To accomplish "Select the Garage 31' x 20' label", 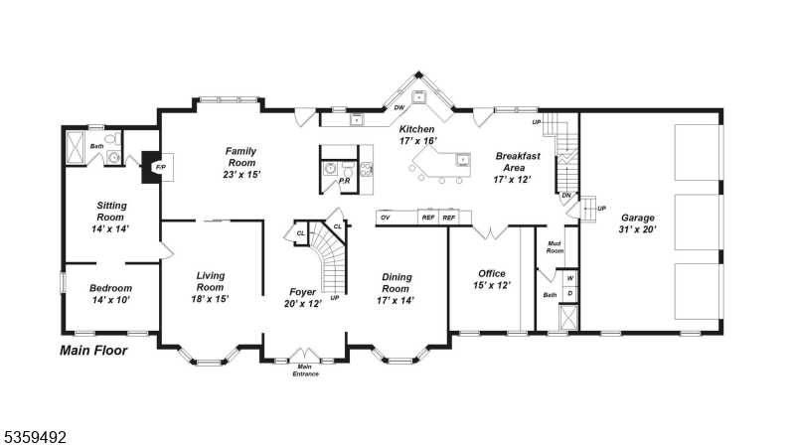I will coord(638,223).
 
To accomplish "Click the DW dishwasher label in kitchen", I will coord(398,107).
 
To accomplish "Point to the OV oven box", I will coord(385,217).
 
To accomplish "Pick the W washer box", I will coord(570,278).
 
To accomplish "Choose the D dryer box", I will coord(570,293).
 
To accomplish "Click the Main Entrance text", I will coord(305,370).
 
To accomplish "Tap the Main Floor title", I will coord(93,350).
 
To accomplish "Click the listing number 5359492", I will coord(36,434).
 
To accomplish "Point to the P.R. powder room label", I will coord(344,182).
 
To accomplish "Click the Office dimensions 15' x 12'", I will coord(491,286).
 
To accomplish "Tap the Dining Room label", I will coord(397,283).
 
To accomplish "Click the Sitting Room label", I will coord(110,217).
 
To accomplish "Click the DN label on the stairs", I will coord(566,196).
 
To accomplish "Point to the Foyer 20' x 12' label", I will coord(304,298).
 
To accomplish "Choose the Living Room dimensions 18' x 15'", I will coord(209,299).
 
